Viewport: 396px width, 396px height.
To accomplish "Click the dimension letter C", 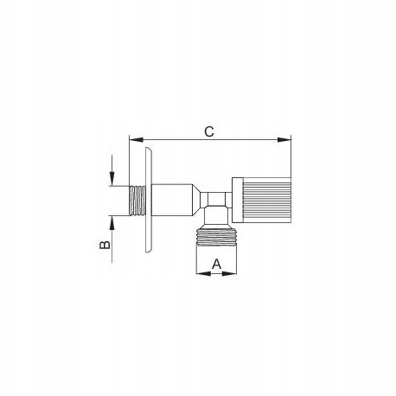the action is [209, 131].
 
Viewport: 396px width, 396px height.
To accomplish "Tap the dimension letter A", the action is [216, 264].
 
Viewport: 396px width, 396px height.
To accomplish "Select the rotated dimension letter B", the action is [105, 245].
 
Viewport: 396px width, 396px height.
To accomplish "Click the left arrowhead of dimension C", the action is [136, 140].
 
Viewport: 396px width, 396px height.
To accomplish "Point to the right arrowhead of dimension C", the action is [284, 140].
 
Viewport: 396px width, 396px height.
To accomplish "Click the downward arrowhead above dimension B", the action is [112, 179].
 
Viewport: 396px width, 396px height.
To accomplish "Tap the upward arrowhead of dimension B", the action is [112, 222].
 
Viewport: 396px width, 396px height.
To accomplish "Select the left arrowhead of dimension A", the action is [203, 273].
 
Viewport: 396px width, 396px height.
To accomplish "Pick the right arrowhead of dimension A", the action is [229, 273].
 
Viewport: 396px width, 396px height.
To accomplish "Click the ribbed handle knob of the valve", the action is [266, 200].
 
